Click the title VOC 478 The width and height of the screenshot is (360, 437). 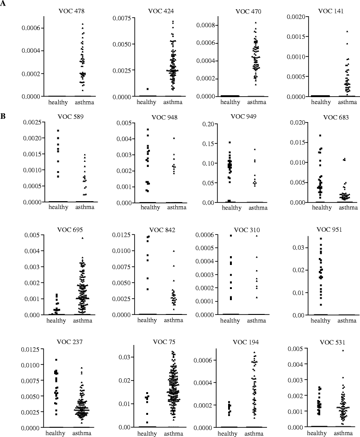(x=71, y=11)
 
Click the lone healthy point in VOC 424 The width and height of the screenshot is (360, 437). (x=148, y=89)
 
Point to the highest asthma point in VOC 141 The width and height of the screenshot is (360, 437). (x=347, y=31)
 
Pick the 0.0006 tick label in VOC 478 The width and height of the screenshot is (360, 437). (x=31, y=28)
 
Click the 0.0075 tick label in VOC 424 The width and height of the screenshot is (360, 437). (x=122, y=18)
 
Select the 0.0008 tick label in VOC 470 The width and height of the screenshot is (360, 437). (x=205, y=25)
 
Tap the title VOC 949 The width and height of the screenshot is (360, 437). (x=243, y=116)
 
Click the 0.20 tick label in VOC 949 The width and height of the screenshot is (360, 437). (x=208, y=124)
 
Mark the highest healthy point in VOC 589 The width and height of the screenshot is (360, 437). (x=58, y=130)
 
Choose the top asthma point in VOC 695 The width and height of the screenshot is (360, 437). (x=82, y=238)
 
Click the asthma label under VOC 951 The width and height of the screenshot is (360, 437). (x=347, y=321)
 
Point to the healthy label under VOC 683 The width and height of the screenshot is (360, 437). (x=322, y=207)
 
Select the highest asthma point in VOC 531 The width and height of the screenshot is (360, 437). (x=343, y=351)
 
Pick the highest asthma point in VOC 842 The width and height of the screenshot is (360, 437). (x=174, y=251)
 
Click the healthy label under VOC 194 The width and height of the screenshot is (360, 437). (x=228, y=433)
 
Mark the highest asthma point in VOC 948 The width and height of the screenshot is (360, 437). (x=174, y=138)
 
